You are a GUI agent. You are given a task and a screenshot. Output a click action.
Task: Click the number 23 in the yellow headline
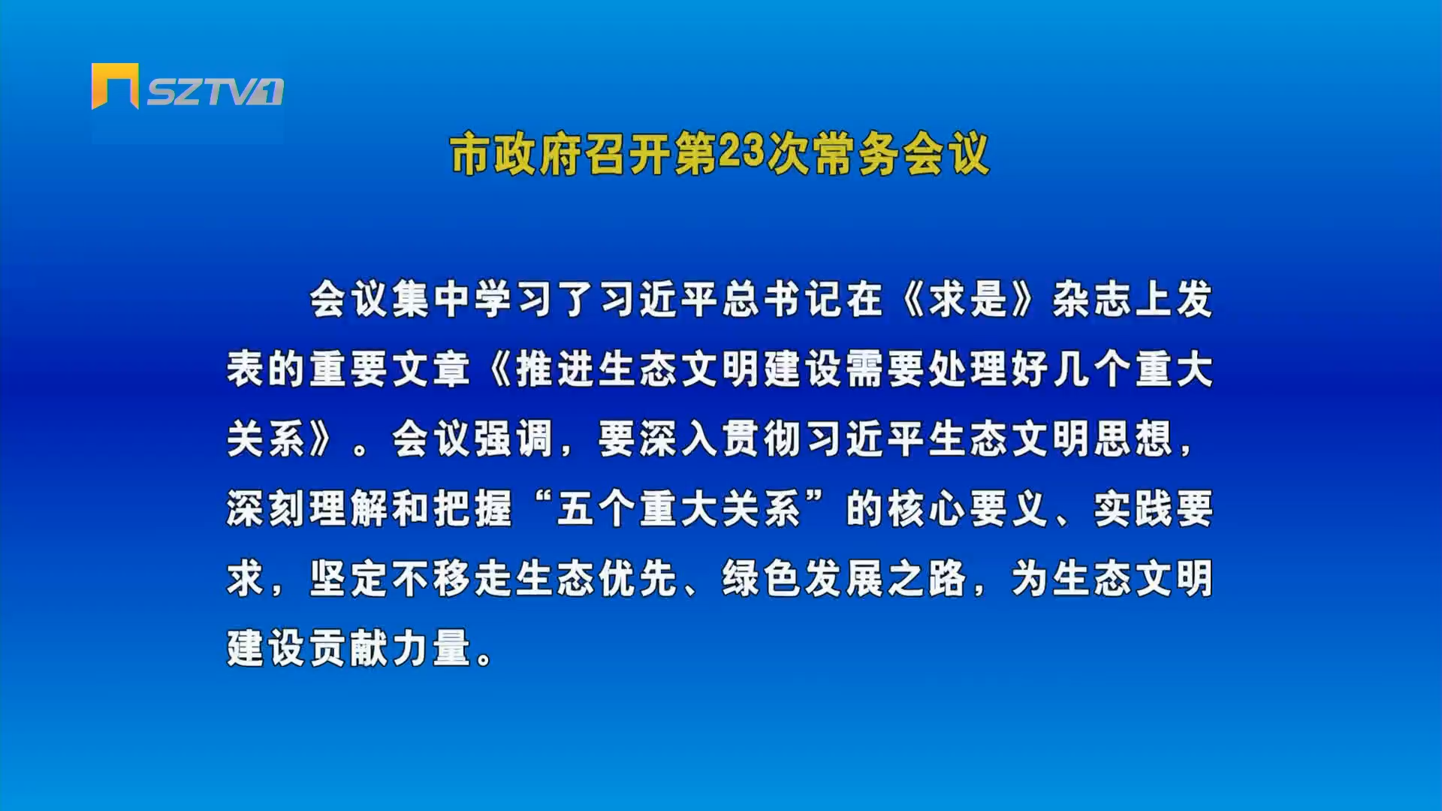coord(741,152)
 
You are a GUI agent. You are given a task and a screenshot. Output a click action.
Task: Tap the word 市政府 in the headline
coord(516,154)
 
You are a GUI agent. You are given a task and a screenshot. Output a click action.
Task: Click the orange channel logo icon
coord(115,86)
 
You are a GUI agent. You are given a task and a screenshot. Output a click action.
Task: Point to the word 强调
coord(514,439)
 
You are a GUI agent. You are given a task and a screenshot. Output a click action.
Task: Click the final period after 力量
coord(485,659)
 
